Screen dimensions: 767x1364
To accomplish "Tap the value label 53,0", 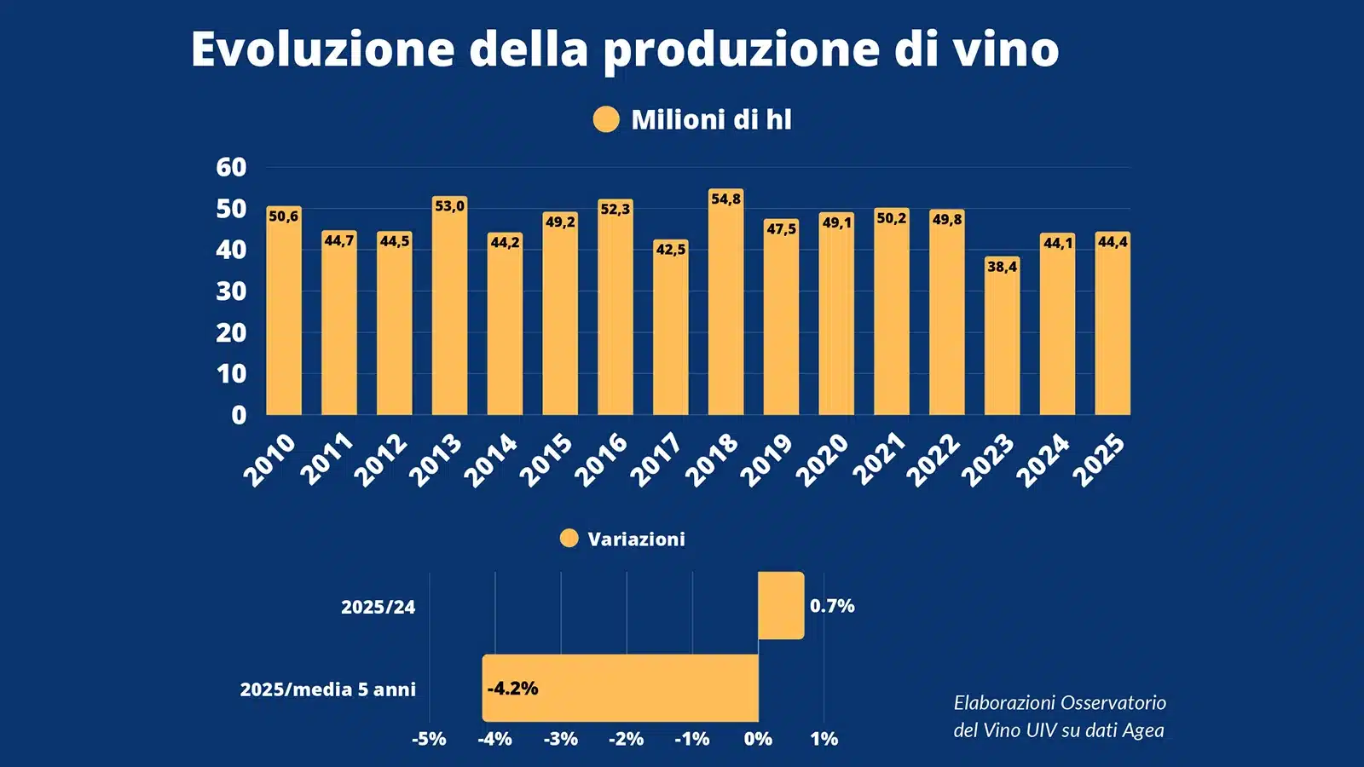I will pos(449,206).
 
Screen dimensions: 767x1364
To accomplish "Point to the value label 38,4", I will pos(1002,267).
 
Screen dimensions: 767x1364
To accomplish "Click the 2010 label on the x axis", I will pos(269,459).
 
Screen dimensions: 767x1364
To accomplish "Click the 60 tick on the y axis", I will pos(231,167).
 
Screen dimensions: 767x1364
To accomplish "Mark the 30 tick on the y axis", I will pos(231,291).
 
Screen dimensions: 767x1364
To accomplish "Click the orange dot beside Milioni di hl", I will pos(606,119).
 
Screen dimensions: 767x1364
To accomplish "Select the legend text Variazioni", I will pos(636,539).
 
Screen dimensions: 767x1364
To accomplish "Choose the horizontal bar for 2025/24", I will pos(780,605).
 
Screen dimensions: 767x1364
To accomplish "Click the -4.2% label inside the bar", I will pos(512,689).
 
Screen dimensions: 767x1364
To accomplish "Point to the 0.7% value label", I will pos(832,606).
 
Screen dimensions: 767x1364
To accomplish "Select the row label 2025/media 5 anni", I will pos(327,689).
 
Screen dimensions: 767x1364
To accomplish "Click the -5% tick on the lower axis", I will pos(429,739).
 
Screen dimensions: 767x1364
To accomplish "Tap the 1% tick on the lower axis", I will pos(824,739).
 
